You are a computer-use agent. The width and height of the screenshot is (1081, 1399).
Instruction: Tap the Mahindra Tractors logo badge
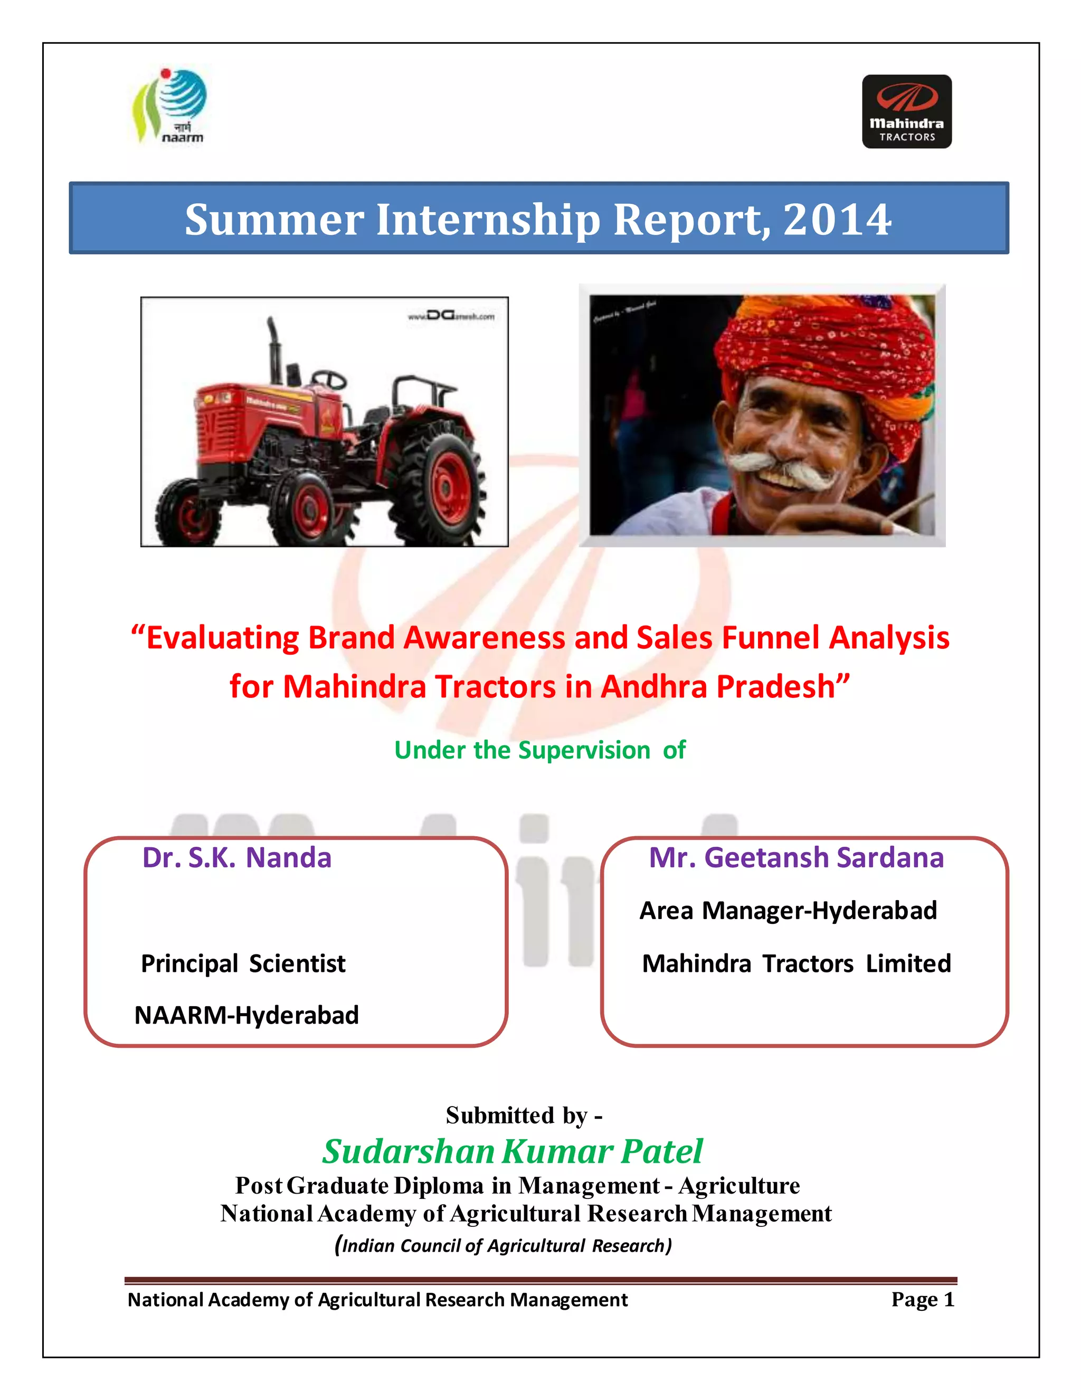pos(906,111)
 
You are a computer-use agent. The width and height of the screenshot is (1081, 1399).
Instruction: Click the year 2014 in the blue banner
pos(837,220)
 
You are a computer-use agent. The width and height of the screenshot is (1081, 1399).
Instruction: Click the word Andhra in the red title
pos(654,687)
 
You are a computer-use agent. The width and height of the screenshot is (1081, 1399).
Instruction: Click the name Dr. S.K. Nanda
pos(237,858)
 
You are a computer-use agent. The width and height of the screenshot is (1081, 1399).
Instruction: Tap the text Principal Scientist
pos(243,963)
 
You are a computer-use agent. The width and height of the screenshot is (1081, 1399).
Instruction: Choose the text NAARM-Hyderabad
pos(246,1015)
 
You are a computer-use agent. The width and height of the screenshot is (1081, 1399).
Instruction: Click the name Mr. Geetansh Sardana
pos(796,858)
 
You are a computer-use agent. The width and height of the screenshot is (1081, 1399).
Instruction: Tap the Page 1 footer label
pos(922,1300)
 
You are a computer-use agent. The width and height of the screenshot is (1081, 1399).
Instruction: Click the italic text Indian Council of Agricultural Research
pos(504,1245)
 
